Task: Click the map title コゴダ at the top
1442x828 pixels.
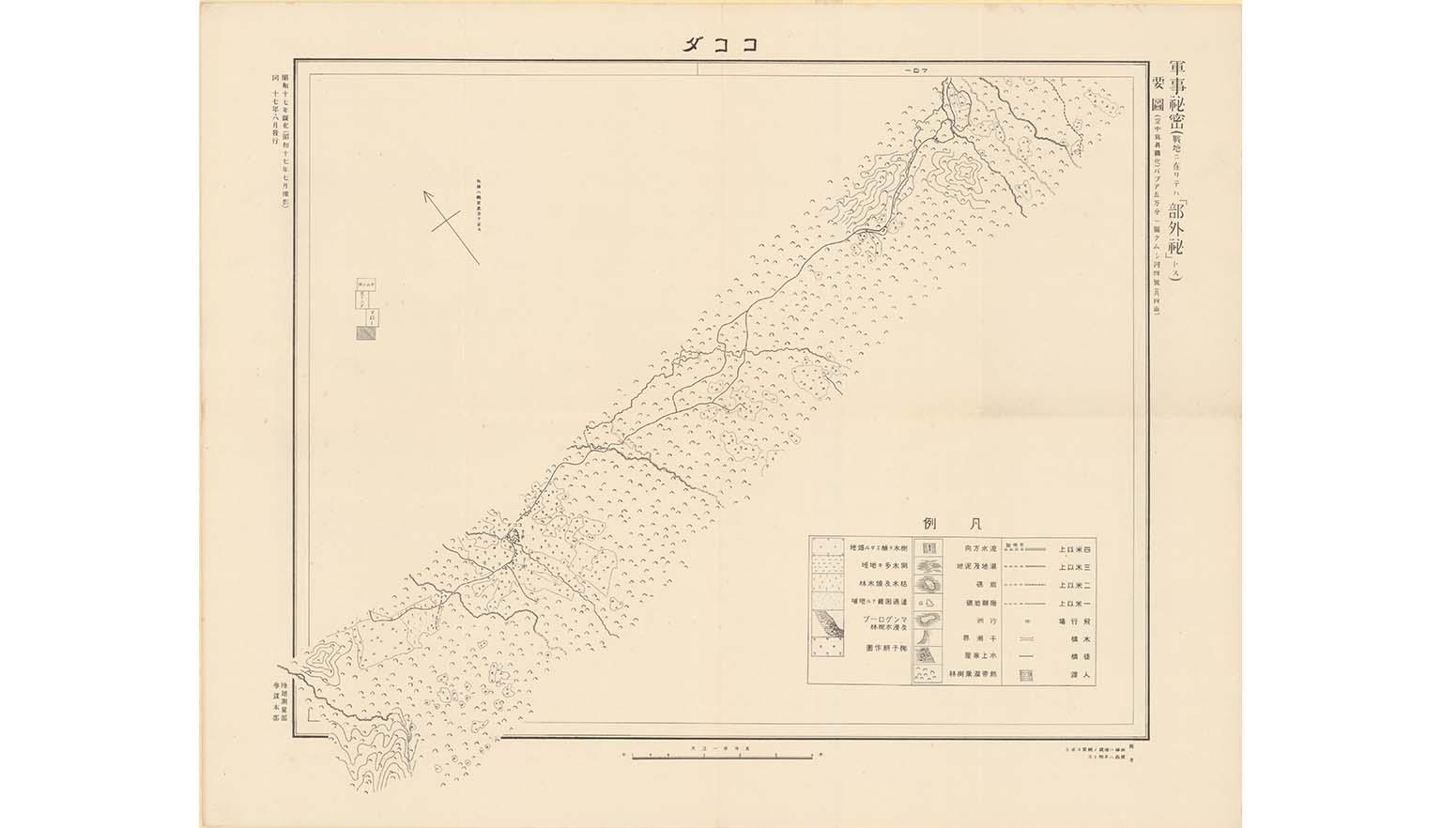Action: (721, 43)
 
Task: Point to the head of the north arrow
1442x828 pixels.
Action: (426, 194)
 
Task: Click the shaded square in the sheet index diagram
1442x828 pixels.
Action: (364, 331)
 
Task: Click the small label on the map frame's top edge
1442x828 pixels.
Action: (914, 70)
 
